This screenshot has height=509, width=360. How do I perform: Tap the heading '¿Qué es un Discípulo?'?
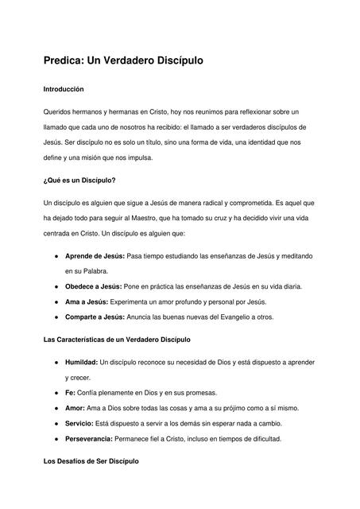tap(80, 181)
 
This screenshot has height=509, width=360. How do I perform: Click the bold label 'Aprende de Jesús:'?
tap(95, 256)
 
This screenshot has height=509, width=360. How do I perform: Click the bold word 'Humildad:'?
tap(82, 363)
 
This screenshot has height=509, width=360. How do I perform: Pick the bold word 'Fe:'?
tap(70, 393)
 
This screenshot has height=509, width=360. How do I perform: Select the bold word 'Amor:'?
tap(75, 408)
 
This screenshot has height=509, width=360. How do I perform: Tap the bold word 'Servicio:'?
tap(80, 423)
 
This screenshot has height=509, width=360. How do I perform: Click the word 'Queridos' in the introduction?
tap(57, 112)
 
